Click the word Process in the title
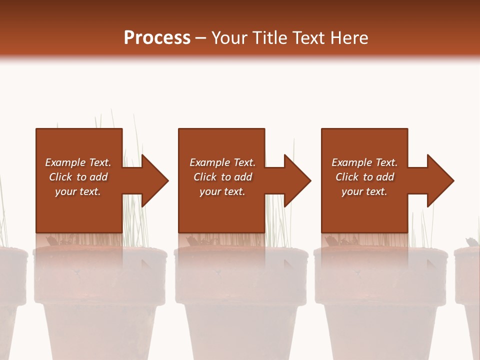tap(157, 38)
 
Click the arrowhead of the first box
tap(154, 180)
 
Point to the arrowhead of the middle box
tap(297, 180)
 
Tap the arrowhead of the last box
tap(440, 180)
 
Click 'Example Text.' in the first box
tap(78, 162)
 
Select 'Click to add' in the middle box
tap(222, 177)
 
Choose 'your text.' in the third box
tap(364, 191)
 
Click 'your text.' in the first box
tap(78, 191)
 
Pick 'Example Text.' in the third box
tap(364, 162)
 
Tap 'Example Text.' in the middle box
tap(222, 162)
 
